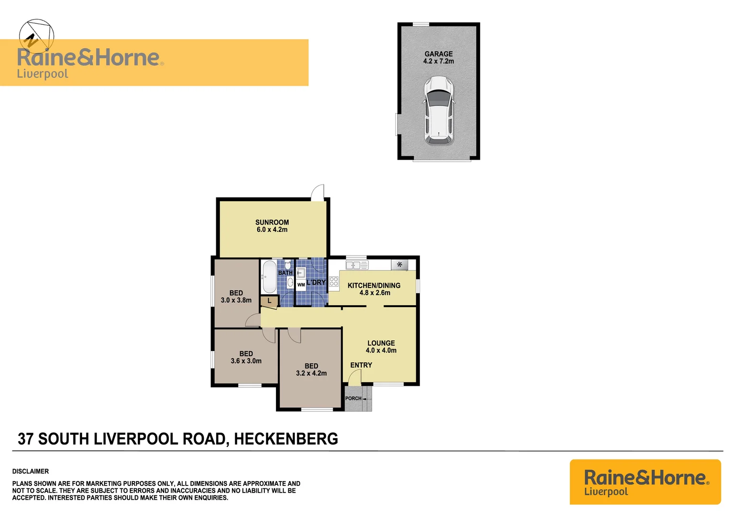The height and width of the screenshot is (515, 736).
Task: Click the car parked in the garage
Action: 439,111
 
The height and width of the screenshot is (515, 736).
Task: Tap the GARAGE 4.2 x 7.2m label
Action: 439,58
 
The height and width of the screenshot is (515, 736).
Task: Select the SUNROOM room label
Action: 272,222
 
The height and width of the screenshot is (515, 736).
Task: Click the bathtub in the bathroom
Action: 269,277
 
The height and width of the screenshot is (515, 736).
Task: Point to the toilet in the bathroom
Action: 288,265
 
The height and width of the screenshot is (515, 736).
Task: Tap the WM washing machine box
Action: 301,285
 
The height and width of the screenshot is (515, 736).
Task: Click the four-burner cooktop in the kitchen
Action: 334,281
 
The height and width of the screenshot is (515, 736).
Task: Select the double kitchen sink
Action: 357,265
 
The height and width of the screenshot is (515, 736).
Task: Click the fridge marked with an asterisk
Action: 400,265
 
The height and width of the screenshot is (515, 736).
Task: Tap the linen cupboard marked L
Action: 269,301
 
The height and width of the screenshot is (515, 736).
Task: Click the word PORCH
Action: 353,399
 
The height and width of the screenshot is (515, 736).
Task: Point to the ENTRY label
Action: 361,365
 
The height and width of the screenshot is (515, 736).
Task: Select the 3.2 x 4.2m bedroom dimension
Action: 311,373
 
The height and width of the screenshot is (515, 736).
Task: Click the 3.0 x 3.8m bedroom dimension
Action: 236,300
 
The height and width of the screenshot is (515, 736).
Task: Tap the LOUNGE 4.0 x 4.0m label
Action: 381,347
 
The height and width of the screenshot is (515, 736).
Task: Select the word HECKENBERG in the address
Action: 286,439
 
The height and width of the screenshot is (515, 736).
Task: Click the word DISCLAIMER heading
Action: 31,471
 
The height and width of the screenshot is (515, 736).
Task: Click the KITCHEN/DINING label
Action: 374,286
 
